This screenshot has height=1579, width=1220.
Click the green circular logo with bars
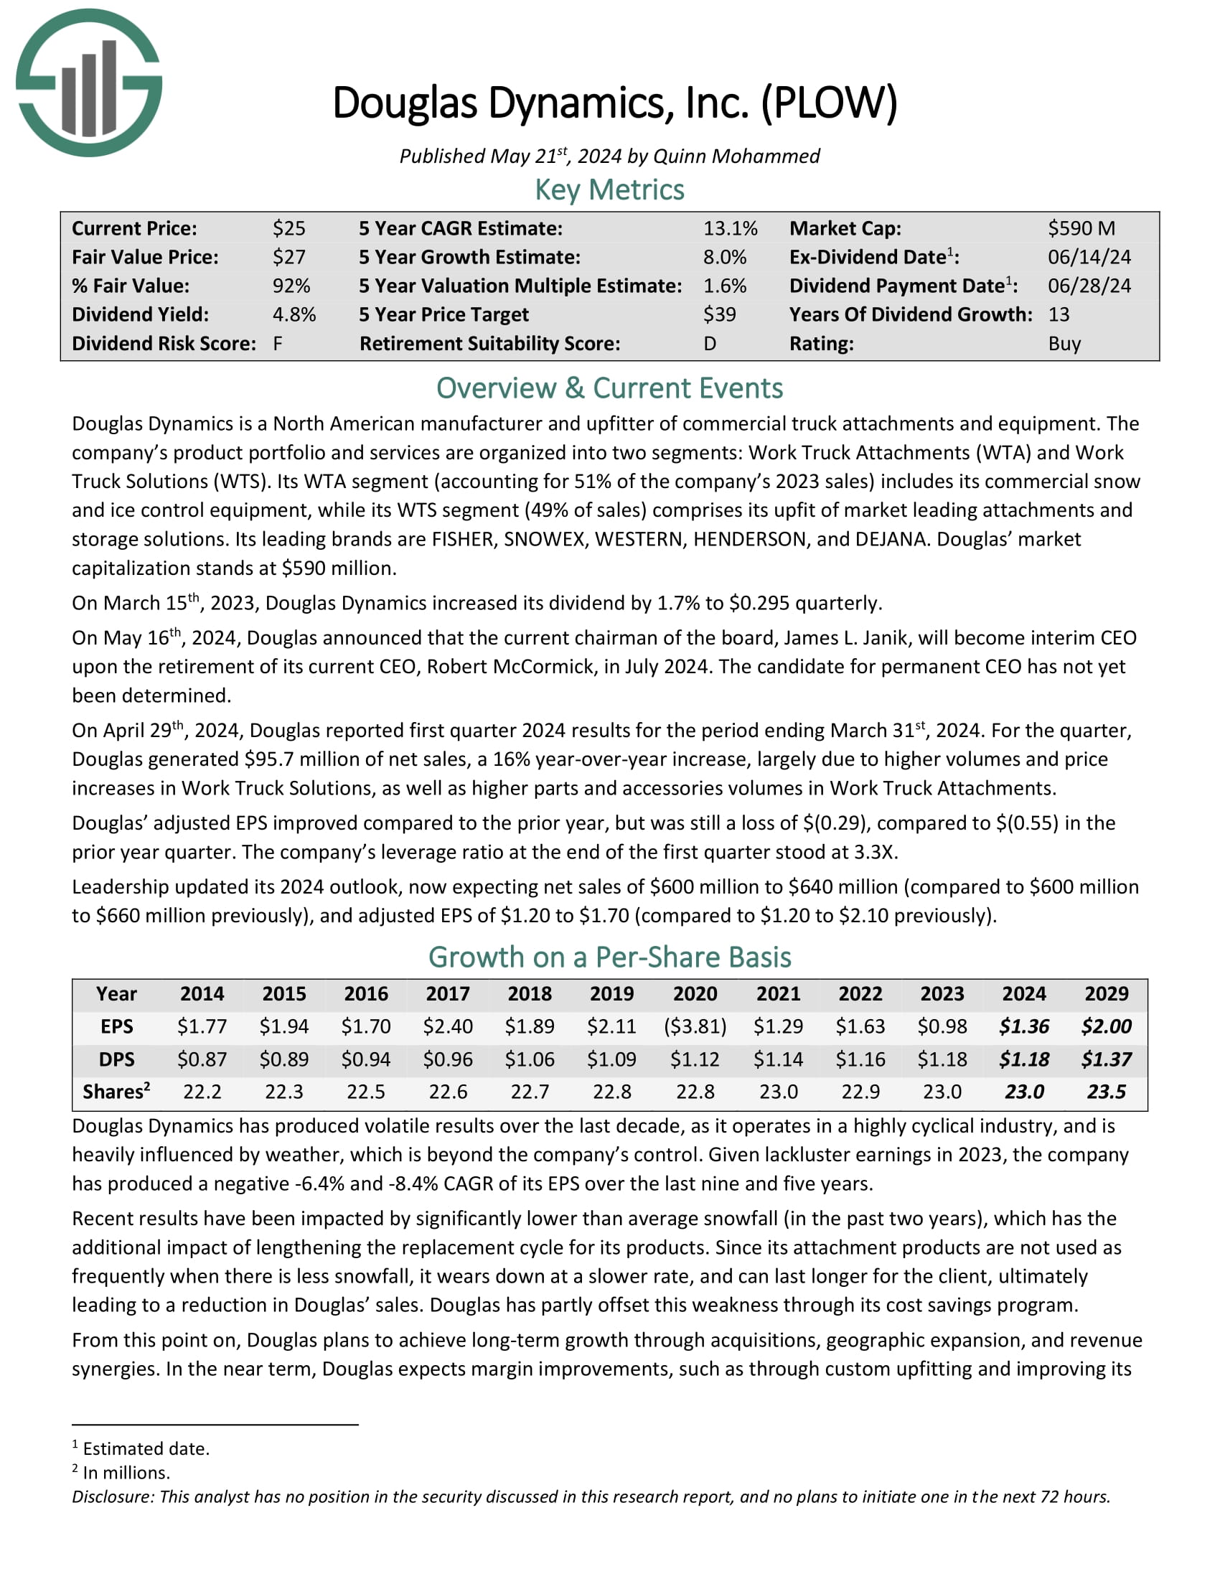89,83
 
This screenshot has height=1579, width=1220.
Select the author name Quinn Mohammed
736,156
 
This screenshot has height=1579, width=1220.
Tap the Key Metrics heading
609,190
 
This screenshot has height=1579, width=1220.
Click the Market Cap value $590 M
1081,228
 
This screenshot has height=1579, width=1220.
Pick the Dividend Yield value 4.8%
294,314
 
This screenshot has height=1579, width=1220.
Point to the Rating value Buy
1064,343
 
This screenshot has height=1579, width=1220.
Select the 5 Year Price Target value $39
719,314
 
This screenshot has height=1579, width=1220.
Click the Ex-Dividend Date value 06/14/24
1089,258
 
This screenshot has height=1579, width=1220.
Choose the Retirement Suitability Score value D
710,343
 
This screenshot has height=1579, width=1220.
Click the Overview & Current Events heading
609,388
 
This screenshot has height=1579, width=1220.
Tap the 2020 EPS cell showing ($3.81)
695,1026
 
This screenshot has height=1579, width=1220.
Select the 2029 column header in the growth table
1106,994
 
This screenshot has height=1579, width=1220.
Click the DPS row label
116,1059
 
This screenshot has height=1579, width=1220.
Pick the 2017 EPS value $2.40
447,1026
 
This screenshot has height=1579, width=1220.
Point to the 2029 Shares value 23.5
1106,1092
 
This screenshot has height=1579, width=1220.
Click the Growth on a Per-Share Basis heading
609,957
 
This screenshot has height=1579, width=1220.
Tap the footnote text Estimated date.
146,1449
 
